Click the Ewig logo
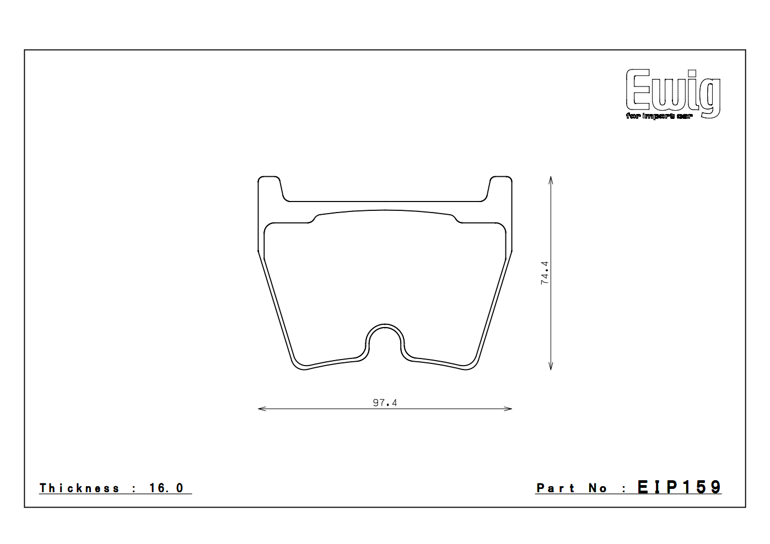[673, 90]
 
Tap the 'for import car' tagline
[659, 116]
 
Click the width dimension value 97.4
[385, 402]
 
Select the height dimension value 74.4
[545, 273]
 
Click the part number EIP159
[679, 487]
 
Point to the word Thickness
[79, 488]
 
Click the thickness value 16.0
[166, 488]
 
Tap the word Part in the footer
[556, 488]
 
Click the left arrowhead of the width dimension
[261, 409]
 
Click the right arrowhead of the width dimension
[509, 409]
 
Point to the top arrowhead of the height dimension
[551, 179]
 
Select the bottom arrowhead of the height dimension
[551, 367]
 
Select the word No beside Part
[598, 488]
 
